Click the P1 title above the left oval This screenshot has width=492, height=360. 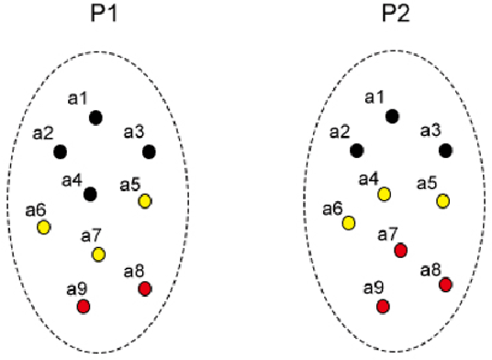click(99, 16)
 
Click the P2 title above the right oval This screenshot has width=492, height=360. click(395, 16)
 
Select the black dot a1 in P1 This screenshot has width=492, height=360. click(95, 117)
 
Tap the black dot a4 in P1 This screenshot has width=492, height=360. click(90, 194)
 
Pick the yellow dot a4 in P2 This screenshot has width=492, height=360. click(384, 193)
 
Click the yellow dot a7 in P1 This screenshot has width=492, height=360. click(98, 253)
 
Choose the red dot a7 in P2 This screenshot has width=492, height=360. click(400, 250)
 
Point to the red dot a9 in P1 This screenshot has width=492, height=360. click(84, 306)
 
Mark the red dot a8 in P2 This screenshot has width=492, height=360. click(445, 285)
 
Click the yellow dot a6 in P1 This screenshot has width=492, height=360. click(43, 226)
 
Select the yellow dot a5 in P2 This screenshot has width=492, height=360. click(443, 200)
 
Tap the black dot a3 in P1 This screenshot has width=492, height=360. click(150, 151)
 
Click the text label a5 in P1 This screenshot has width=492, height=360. click(130, 186)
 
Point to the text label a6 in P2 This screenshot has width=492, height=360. click(333, 208)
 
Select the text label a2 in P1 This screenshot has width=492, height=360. click(43, 134)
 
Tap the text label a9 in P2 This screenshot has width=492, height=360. click(374, 288)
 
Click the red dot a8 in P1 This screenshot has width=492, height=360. click(144, 289)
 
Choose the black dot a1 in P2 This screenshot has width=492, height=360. click(392, 116)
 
